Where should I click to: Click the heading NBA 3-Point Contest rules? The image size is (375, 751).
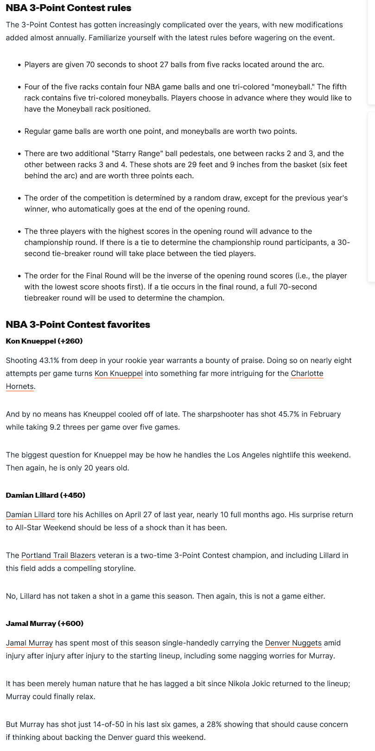point(69,8)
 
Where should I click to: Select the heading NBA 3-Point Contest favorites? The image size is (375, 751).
point(78,324)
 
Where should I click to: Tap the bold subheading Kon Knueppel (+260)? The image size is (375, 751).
point(44,341)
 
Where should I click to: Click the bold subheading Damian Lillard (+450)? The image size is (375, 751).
point(45,495)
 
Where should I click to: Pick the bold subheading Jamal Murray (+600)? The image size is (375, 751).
point(44,624)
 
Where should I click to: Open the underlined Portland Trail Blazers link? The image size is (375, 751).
point(58,556)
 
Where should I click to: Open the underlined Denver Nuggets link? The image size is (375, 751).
point(293,643)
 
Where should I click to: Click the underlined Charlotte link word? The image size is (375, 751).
point(307,374)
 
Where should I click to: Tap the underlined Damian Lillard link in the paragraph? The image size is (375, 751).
point(30,515)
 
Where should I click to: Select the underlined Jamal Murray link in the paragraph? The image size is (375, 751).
point(29,643)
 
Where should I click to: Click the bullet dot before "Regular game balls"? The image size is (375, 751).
point(19,132)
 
